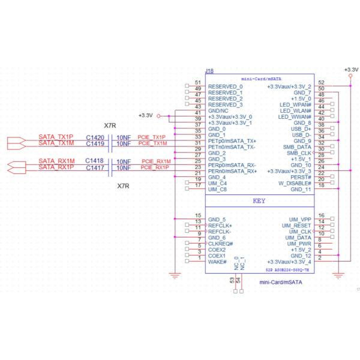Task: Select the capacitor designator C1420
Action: [x=95, y=137]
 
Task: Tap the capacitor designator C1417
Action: [x=95, y=167]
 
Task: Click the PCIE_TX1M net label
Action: [x=152, y=143]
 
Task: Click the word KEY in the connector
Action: [x=259, y=201]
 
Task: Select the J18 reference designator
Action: [x=209, y=71]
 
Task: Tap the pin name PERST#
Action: [x=299, y=178]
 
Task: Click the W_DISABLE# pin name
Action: [x=295, y=184]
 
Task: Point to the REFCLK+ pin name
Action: [x=220, y=226]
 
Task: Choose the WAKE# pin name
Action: [x=217, y=262]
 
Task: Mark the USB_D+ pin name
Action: [x=300, y=129]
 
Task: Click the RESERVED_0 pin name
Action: [x=225, y=87]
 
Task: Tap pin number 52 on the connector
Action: [x=322, y=83]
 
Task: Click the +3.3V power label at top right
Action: [x=350, y=70]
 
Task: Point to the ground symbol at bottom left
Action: [x=175, y=275]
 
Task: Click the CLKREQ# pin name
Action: [x=220, y=244]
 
